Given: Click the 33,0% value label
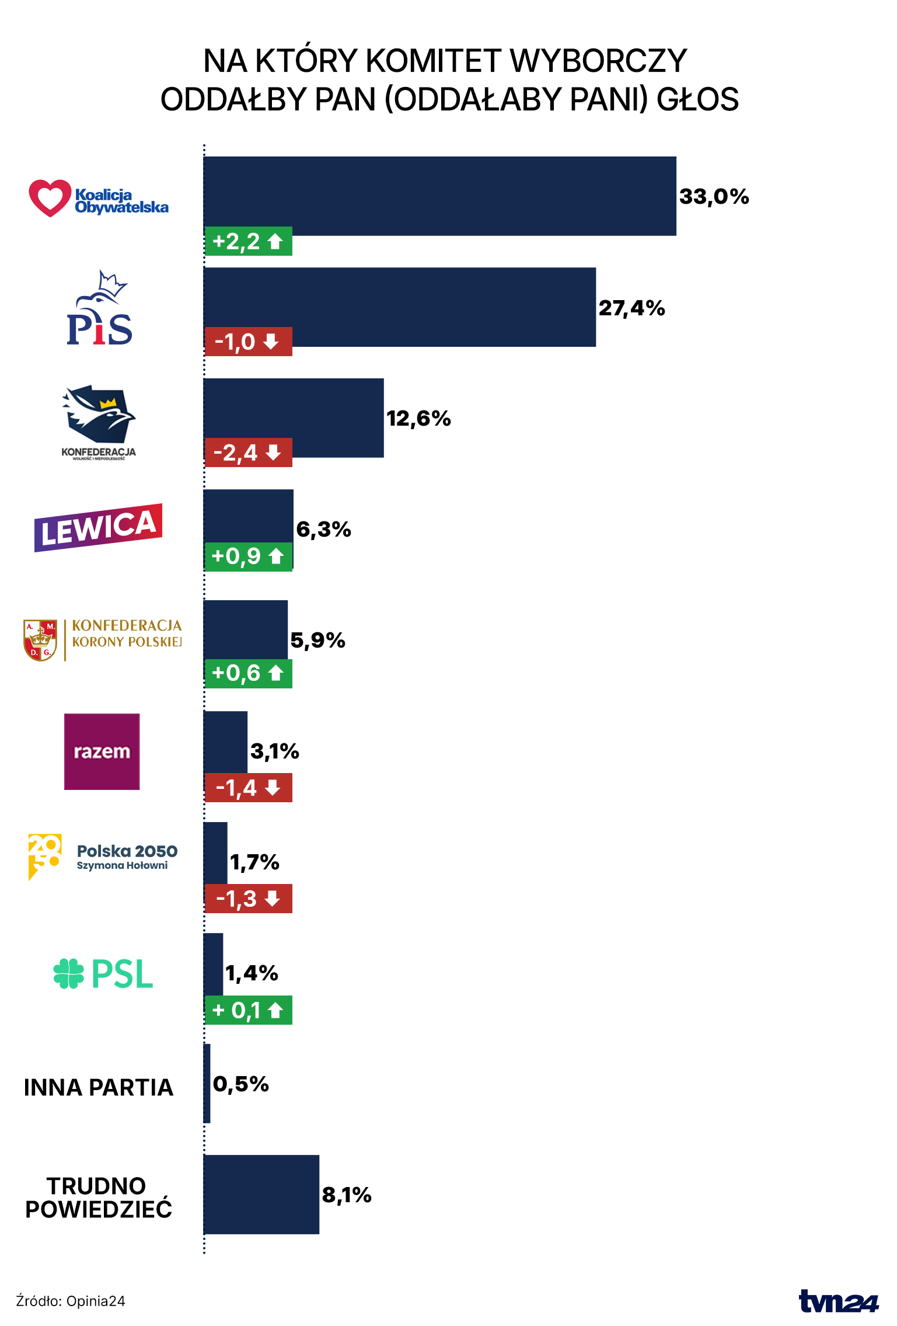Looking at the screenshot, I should tap(714, 197).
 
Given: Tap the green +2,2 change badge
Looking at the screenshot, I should tap(248, 241).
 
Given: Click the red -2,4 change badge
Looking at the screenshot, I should tap(248, 453).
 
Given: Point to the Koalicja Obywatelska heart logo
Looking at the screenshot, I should tap(50, 198).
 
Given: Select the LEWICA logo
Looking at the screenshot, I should tap(98, 527).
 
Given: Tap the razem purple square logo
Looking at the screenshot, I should tap(102, 751).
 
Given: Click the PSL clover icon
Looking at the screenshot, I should tap(69, 973).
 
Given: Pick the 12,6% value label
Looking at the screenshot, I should tap(418, 419).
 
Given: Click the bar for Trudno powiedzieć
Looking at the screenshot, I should tap(261, 1194).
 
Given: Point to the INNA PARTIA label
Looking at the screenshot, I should tap(99, 1087).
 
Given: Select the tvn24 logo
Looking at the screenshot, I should tap(838, 1301).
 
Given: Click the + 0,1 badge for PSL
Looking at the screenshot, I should tap(248, 1010).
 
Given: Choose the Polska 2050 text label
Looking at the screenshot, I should tap(127, 851).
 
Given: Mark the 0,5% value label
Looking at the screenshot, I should tap(240, 1084).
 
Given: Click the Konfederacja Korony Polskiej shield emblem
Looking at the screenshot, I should tap(40, 640).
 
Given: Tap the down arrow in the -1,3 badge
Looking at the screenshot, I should tap(272, 899).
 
